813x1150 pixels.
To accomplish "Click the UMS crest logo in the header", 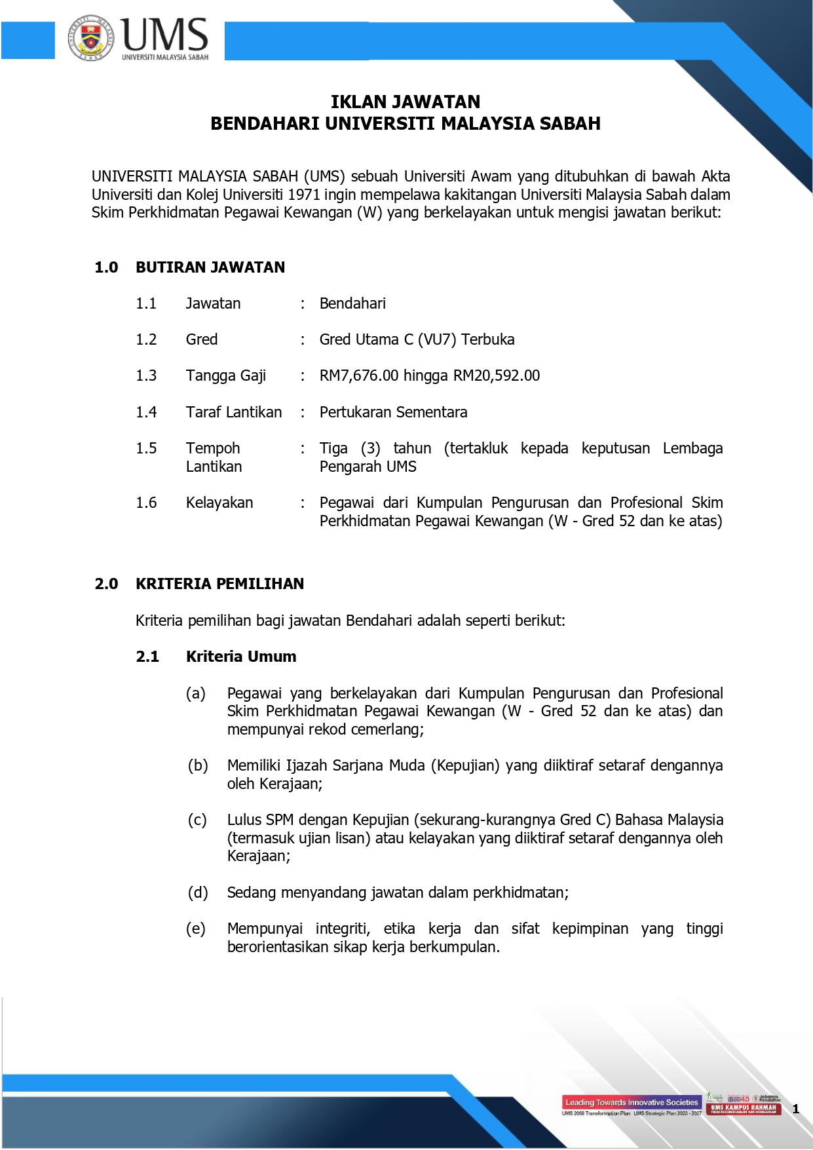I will click(x=91, y=38).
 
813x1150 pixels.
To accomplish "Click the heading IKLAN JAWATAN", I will click(x=406, y=102).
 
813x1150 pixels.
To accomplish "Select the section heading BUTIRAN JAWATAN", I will click(x=210, y=267).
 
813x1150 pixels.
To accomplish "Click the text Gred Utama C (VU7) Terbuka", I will click(x=417, y=339).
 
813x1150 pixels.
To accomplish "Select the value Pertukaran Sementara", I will click(x=393, y=412).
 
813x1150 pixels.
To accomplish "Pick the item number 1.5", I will click(x=146, y=448).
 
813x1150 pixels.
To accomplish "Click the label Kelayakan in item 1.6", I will click(x=219, y=503).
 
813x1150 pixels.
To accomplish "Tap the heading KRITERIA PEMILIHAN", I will click(x=219, y=584).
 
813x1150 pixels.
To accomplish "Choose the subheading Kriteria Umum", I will click(x=241, y=657).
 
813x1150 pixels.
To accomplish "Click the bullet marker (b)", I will click(x=197, y=765).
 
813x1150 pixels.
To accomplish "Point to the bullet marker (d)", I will click(x=197, y=892).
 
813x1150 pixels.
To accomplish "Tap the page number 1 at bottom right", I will click(x=796, y=1109).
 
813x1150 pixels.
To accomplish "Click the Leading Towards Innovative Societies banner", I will click(x=632, y=1102).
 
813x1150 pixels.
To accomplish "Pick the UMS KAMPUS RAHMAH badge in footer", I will click(x=744, y=1108).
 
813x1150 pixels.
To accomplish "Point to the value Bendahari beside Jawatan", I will click(x=352, y=303).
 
